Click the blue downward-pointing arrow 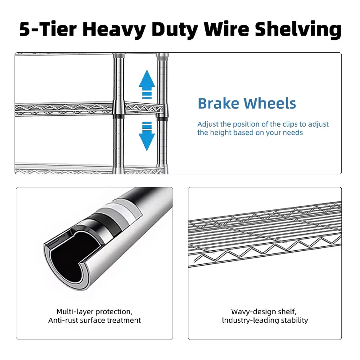coord(147,136)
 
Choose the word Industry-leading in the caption coord(250,321)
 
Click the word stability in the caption coord(295,320)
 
